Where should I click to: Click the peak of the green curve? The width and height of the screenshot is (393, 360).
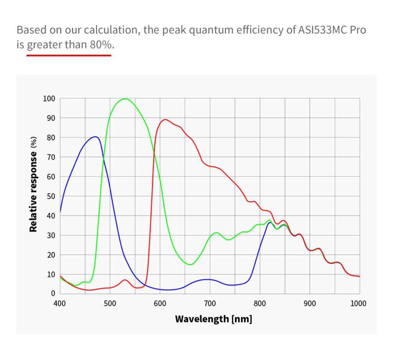click(125, 99)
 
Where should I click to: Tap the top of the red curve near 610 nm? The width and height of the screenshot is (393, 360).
click(165, 120)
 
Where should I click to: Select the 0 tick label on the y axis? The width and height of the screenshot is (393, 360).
click(53, 294)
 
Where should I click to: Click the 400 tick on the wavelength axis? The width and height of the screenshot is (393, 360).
click(60, 304)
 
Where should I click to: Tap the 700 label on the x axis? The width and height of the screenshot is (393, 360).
click(210, 304)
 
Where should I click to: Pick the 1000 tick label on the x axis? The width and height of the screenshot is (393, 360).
click(358, 304)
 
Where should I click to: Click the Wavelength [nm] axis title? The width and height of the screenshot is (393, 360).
click(213, 319)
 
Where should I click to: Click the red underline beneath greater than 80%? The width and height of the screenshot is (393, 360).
click(69, 55)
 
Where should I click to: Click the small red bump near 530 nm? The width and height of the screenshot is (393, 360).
click(125, 280)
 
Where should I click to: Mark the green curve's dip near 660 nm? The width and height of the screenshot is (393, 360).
click(190, 264)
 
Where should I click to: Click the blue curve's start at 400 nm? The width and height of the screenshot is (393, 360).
click(61, 212)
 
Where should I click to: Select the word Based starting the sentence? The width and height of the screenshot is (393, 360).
click(29, 30)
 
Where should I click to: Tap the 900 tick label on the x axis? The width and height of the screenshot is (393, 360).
click(309, 304)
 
